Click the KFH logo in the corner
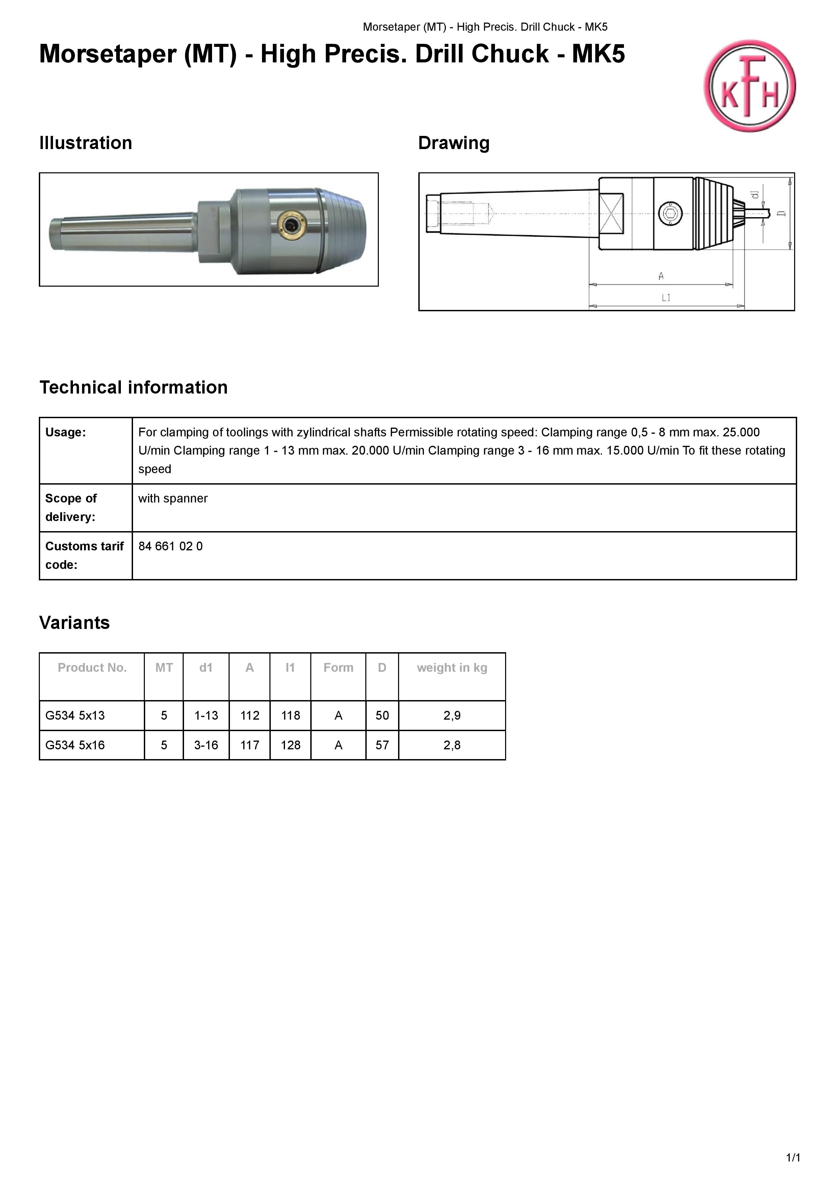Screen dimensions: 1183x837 (749, 86)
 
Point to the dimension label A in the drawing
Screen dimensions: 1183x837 (661, 277)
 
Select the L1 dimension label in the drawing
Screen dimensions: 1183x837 (666, 298)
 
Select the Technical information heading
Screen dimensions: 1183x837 (134, 387)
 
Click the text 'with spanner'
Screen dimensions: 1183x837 (173, 498)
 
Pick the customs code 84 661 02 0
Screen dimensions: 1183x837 (170, 546)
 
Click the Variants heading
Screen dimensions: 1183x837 (74, 623)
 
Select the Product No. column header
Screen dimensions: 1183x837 (92, 668)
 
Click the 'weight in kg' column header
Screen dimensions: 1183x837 (452, 668)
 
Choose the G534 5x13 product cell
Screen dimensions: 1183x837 (75, 716)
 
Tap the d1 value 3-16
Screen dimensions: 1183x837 (206, 745)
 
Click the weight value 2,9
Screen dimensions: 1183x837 (452, 716)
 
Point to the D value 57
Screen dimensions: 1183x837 (382, 745)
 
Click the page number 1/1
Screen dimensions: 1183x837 (793, 1158)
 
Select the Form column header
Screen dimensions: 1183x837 (338, 668)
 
